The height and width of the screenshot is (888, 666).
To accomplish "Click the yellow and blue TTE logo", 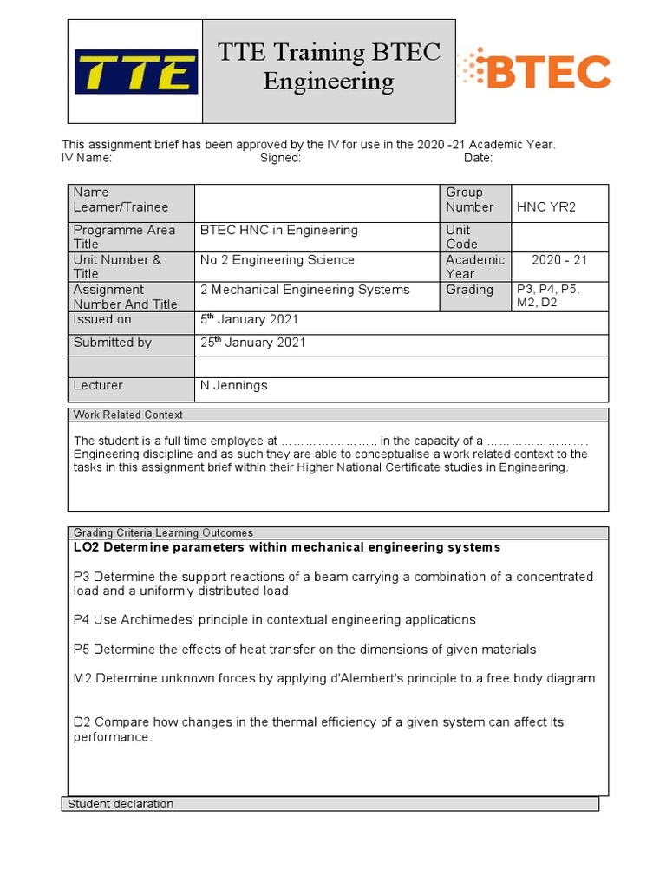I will tap(136, 72).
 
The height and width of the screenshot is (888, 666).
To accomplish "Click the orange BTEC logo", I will tap(534, 71).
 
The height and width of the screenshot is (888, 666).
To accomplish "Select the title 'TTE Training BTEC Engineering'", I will tap(329, 67).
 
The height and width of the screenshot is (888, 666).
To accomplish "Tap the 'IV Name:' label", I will tap(87, 158).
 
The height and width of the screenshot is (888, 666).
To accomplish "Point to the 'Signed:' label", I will tap(280, 158).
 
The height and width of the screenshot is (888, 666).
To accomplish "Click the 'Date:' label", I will tap(478, 158).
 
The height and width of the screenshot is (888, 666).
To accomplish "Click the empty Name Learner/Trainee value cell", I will tap(317, 203).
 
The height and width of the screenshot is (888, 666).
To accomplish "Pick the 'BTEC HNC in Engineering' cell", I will tap(278, 231).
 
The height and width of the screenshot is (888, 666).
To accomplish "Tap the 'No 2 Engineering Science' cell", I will tap(277, 260).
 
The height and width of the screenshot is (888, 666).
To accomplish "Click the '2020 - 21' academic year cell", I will tap(559, 260).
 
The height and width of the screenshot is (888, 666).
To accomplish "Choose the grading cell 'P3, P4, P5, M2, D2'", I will tap(559, 296).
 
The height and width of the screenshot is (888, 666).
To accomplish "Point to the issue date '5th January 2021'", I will tap(249, 320).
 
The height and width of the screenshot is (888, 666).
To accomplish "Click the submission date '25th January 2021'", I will tap(252, 343).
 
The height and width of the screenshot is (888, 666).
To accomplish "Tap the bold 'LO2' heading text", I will tap(87, 547).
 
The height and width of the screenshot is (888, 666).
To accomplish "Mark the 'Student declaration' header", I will tap(121, 804).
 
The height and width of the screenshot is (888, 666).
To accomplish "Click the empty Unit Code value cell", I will tap(559, 237).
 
